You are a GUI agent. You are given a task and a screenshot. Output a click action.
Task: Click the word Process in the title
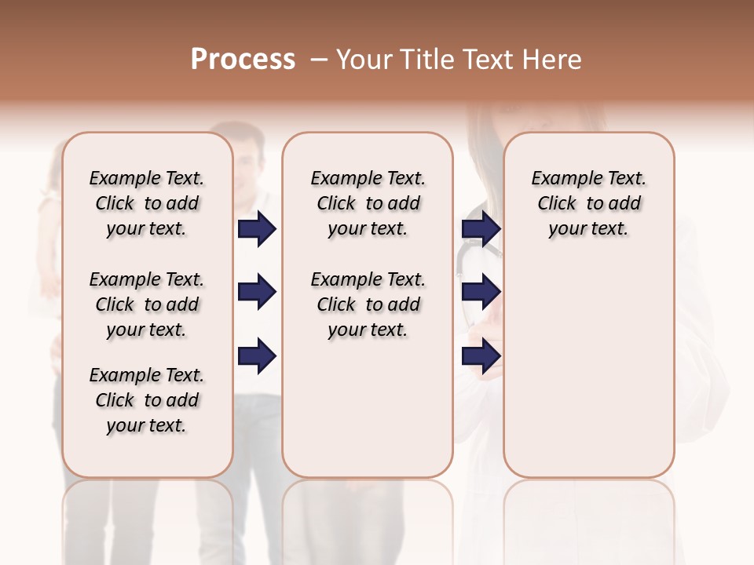coord(243,60)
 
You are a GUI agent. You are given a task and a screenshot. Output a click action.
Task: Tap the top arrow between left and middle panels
coord(257,228)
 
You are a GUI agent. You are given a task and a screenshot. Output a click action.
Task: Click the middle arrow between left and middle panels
coord(257,293)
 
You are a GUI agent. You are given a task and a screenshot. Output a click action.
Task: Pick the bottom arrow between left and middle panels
coord(257,356)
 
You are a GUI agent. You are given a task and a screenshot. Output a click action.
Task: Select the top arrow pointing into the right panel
coord(481,228)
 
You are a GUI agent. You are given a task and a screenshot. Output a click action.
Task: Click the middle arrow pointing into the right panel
coord(481,293)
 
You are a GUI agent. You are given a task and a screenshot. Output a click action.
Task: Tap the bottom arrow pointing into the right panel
coord(481,356)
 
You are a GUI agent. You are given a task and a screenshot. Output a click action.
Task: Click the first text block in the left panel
coord(146,203)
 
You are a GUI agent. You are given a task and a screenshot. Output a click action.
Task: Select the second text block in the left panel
coord(146,304)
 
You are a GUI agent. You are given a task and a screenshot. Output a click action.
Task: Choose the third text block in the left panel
coord(146,400)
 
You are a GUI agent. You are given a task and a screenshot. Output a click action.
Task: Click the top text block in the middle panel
coord(368,203)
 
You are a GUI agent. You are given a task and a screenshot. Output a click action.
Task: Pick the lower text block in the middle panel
coord(368,304)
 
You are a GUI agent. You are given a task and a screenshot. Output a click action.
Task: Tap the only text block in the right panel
coord(588,203)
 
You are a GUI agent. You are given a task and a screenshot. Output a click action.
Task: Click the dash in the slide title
coord(319,60)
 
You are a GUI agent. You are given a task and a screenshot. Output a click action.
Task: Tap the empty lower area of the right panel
coord(588,377)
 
